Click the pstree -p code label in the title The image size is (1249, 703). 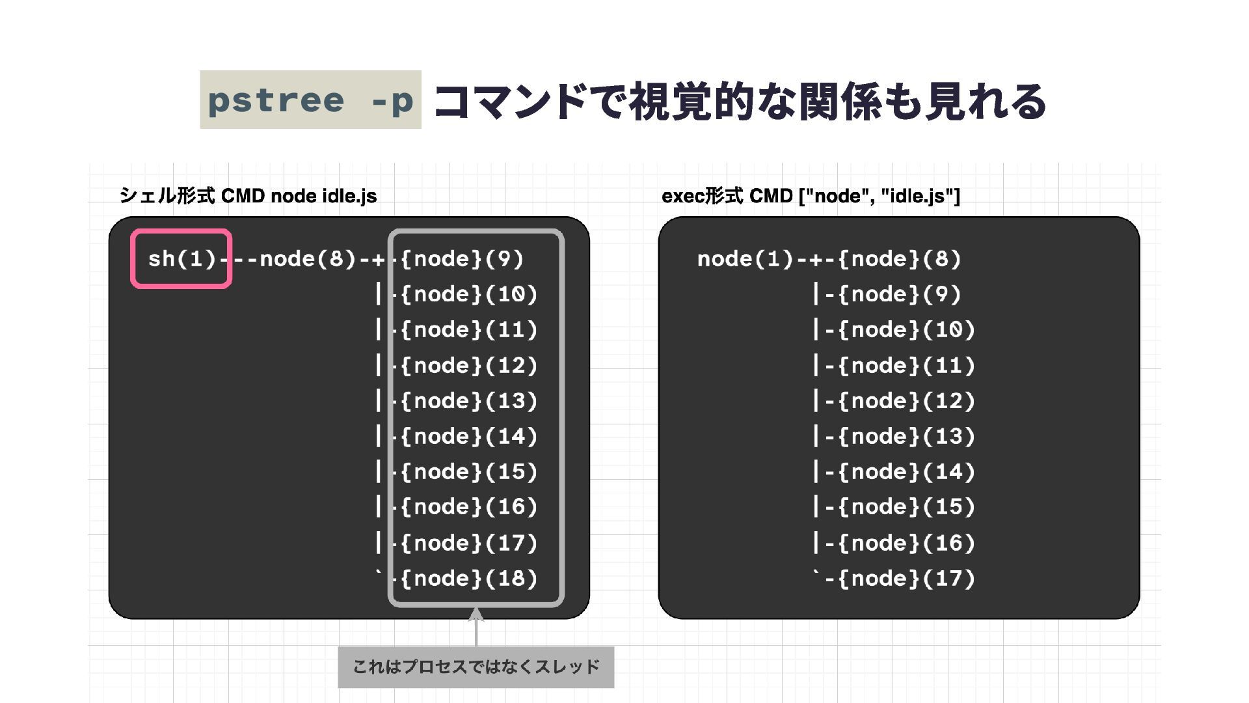point(310,100)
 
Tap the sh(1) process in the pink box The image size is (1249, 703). point(181,259)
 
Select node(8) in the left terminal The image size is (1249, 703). point(307,259)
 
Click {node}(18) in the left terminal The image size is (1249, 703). point(468,579)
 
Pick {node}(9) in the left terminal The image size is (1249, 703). point(462,259)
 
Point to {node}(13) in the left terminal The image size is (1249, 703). point(468,401)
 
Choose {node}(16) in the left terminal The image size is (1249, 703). point(468,507)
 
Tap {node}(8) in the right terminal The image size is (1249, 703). point(899,259)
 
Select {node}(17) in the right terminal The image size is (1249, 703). point(906,579)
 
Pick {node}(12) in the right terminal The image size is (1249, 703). point(906,401)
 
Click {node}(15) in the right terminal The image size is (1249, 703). point(906,507)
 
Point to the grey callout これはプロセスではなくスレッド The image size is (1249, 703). point(476,667)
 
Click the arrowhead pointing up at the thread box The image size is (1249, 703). point(476,615)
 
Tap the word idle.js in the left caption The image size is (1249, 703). point(349,196)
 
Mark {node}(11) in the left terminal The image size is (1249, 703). point(468,330)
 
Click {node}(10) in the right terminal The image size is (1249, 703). point(906,330)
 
